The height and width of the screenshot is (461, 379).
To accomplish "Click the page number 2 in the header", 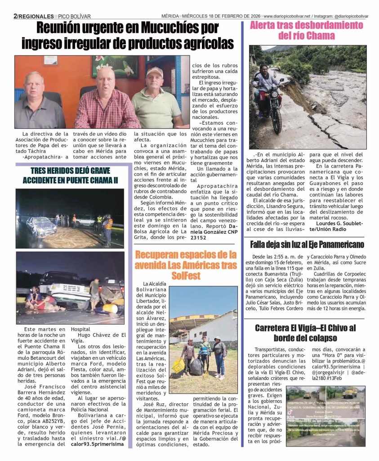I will point(15,16).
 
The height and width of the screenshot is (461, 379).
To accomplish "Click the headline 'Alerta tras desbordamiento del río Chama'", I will point(306,30).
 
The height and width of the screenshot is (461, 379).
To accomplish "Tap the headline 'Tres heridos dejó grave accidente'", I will point(70,176).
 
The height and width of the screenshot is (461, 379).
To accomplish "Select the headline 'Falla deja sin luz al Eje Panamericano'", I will point(307,244).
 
